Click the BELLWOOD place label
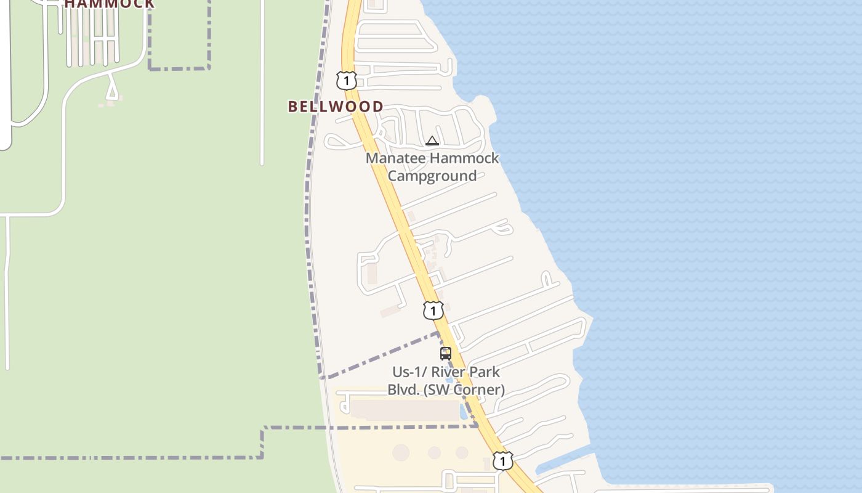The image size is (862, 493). (336, 107)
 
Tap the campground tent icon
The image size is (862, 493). (432, 141)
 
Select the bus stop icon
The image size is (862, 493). (446, 354)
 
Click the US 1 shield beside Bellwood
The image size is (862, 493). (346, 80)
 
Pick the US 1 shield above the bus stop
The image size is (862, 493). (433, 311)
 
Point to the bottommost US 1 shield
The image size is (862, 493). (502, 461)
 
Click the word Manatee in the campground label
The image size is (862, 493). (392, 158)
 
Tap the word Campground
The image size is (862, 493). (432, 176)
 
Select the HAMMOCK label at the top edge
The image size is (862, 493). (110, 4)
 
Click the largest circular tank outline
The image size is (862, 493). (401, 452)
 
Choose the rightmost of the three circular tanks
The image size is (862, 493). (462, 453)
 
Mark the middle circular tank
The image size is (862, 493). (435, 453)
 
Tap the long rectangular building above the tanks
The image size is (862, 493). (405, 410)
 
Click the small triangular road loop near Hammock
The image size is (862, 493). (111, 91)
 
